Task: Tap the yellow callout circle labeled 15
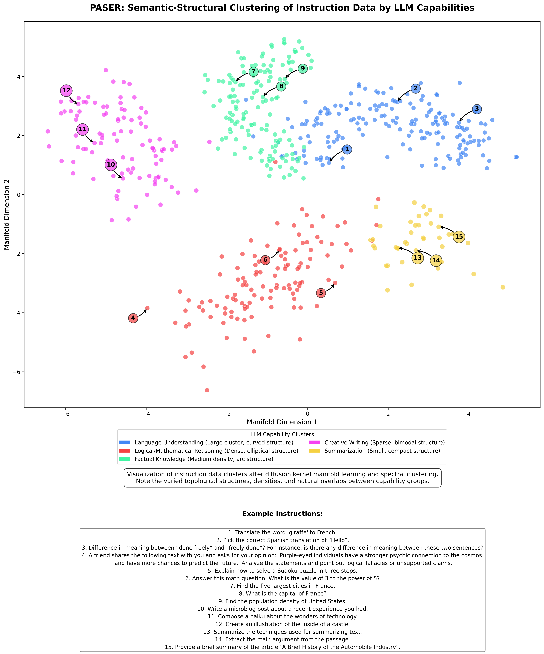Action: click(x=459, y=237)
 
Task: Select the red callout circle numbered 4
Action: click(x=133, y=318)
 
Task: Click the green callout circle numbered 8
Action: click(x=281, y=86)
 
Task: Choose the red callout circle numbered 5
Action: click(x=321, y=293)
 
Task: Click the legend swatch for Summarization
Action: click(x=315, y=451)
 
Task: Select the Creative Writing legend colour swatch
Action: click(x=315, y=442)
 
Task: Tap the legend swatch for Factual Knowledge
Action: click(x=125, y=459)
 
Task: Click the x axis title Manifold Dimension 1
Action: click(x=282, y=422)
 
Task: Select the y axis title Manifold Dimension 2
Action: click(x=7, y=215)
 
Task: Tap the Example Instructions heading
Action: click(x=282, y=514)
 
